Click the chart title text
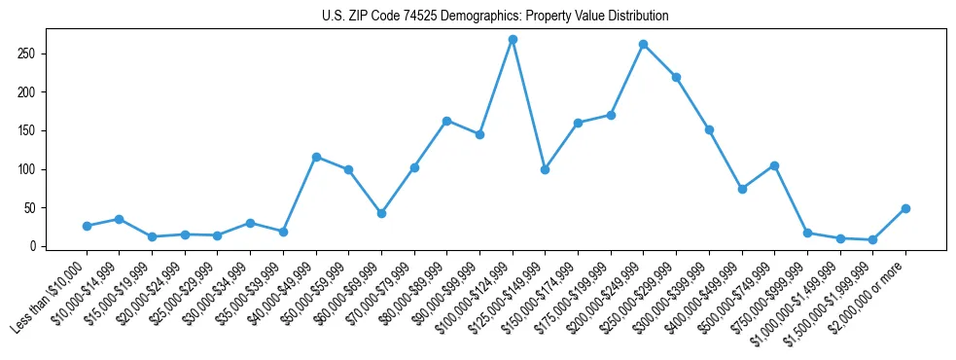click(495, 17)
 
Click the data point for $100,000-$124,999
click(513, 39)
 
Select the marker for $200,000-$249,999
click(643, 44)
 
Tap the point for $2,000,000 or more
click(905, 208)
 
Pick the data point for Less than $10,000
click(87, 226)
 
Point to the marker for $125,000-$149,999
click(545, 169)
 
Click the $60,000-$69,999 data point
click(381, 213)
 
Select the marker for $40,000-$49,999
click(316, 157)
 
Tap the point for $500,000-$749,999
click(774, 165)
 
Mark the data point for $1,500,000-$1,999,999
click(872, 239)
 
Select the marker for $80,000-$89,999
click(446, 121)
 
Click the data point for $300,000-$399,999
click(709, 129)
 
